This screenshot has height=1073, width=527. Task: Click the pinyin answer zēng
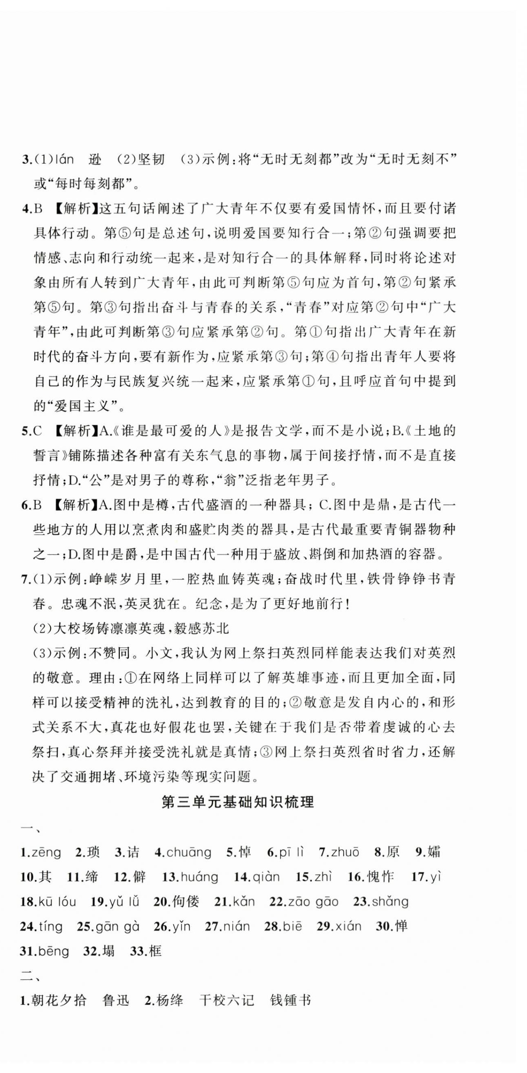(46, 853)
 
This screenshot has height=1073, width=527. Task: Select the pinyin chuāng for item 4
(189, 853)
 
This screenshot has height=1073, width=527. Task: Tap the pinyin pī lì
(291, 853)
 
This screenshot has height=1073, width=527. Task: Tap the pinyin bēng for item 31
(53, 951)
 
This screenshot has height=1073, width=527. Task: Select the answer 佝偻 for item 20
(185, 902)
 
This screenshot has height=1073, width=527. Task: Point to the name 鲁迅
(116, 1000)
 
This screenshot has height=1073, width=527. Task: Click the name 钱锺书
(290, 1000)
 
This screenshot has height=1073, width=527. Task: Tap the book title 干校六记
(226, 1000)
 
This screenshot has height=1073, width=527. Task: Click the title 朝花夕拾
(59, 1000)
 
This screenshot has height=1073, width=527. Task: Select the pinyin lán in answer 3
(63, 159)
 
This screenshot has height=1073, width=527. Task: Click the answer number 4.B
(32, 209)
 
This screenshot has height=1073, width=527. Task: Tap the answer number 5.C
(32, 431)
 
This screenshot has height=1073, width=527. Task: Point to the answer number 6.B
(32, 505)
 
